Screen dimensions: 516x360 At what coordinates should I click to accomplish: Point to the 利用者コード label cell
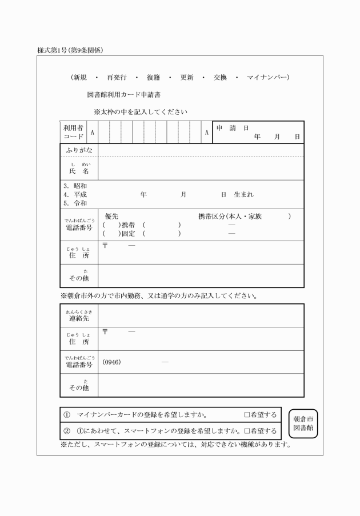pos(73,132)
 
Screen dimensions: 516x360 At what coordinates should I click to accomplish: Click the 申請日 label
pos(232,128)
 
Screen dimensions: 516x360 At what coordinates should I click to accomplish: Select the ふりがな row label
pos(79,150)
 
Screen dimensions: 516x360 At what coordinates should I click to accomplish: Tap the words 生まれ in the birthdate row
pos(244,195)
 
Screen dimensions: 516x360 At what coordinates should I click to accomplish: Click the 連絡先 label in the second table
pos(79,318)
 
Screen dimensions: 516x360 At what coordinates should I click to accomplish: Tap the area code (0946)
pos(112,362)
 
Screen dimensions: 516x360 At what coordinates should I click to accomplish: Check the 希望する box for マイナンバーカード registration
pos(247,415)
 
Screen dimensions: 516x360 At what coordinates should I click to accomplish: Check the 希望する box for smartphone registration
pos(247,431)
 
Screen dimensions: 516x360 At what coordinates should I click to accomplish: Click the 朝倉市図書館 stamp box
pos(303,423)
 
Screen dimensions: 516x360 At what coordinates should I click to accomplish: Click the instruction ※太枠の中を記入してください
pos(141,111)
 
